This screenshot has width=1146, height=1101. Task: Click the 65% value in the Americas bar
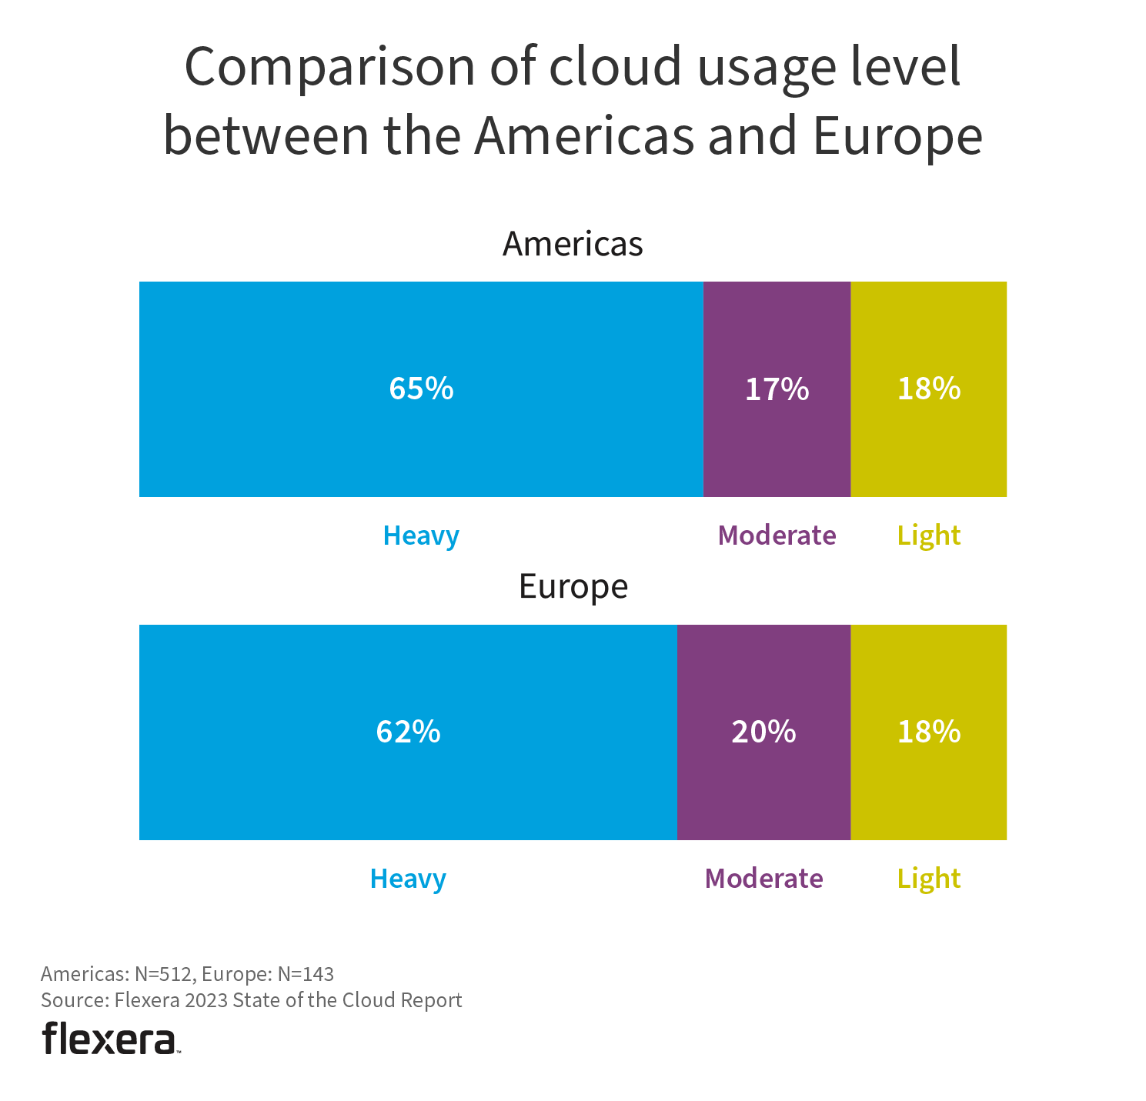[x=421, y=389]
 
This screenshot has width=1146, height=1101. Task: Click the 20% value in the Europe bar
[x=763, y=732]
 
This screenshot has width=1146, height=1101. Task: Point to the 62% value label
[x=408, y=732]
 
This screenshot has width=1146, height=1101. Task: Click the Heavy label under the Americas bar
[x=421, y=535]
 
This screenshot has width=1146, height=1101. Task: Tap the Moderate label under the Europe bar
[x=763, y=879]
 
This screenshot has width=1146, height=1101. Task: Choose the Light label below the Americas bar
[x=929, y=535]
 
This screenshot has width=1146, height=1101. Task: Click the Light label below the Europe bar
[x=929, y=879]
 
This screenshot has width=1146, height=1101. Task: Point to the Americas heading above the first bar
[x=573, y=244]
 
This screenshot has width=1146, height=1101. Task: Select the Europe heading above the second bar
[x=573, y=586]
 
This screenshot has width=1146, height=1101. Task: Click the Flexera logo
[x=109, y=1039]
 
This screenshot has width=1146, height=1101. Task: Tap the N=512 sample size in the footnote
[x=162, y=974]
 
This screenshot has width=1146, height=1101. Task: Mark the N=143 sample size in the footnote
[x=306, y=974]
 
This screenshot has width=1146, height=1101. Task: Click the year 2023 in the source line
[x=206, y=1000]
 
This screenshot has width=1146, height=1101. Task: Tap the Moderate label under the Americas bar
[x=777, y=535]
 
